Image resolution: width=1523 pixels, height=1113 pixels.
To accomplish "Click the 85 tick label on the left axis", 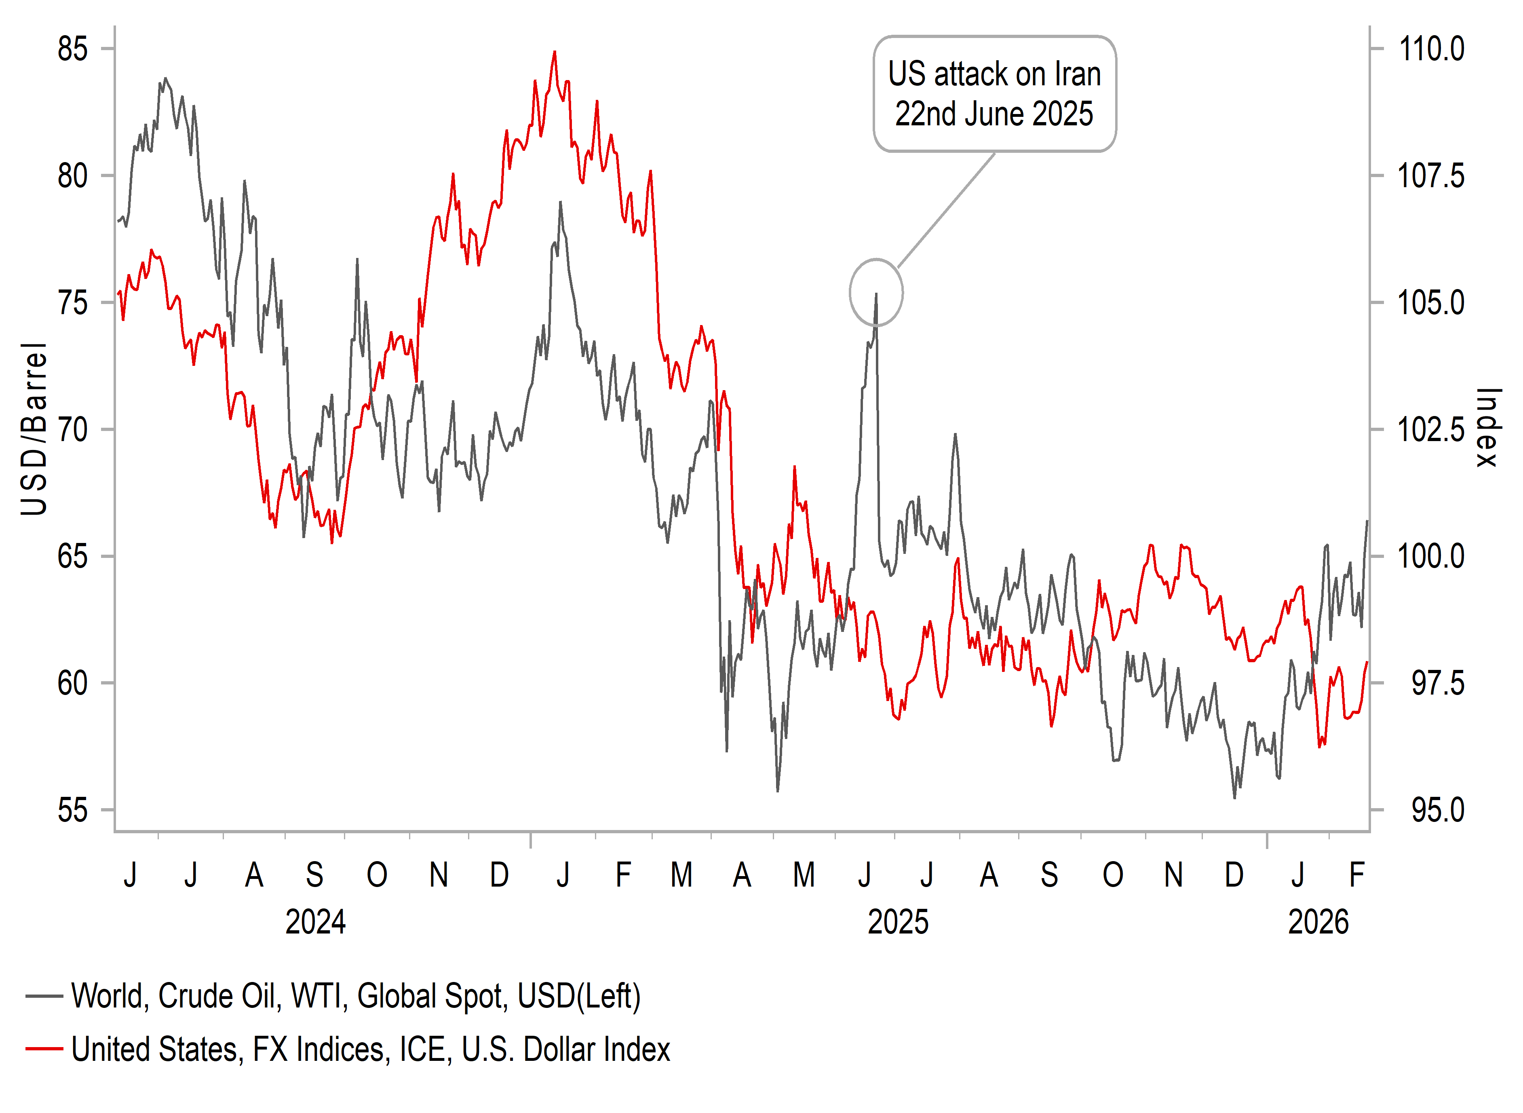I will (x=72, y=49).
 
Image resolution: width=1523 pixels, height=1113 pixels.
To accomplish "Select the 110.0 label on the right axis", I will (x=1431, y=49).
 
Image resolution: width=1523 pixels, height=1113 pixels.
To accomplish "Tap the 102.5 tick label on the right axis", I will (x=1431, y=430).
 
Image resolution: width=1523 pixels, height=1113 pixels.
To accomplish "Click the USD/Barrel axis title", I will (x=34, y=429).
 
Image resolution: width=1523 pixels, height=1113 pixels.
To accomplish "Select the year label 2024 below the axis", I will (x=315, y=922).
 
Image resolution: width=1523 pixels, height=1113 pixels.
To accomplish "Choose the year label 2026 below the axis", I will (x=1318, y=922).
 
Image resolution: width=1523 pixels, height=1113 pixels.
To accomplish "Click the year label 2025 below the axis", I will (x=898, y=922).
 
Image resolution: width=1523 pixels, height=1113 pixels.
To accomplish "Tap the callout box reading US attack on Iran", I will (x=994, y=94).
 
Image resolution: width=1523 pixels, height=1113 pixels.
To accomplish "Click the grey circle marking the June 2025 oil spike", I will (x=875, y=292).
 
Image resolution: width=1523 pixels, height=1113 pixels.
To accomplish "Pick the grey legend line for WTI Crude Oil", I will (x=44, y=996).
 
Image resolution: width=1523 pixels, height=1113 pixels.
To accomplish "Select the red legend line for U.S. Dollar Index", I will (x=44, y=1049).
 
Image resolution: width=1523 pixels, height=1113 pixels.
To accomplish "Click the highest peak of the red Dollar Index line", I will (x=555, y=52).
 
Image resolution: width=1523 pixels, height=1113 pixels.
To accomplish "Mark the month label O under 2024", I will (x=377, y=875).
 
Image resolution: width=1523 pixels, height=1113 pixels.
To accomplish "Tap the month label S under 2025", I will (x=1049, y=875).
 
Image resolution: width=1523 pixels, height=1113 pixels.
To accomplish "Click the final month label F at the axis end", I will (x=1356, y=875).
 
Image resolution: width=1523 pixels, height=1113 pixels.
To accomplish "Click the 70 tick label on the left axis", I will (x=72, y=430).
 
